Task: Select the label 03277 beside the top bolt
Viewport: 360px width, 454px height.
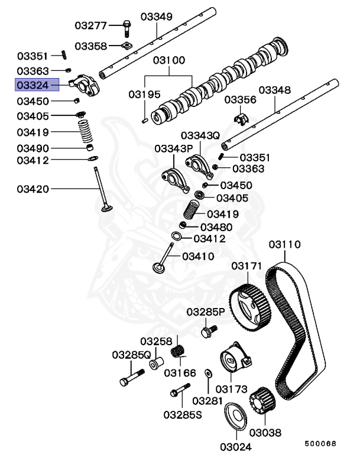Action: point(90,25)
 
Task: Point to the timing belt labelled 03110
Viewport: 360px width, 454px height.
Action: point(296,331)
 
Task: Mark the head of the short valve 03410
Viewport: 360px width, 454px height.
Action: point(159,267)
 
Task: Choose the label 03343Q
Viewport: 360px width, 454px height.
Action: point(201,135)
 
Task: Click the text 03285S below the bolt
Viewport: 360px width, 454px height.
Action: point(183,414)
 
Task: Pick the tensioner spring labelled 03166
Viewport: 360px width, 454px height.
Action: point(178,354)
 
